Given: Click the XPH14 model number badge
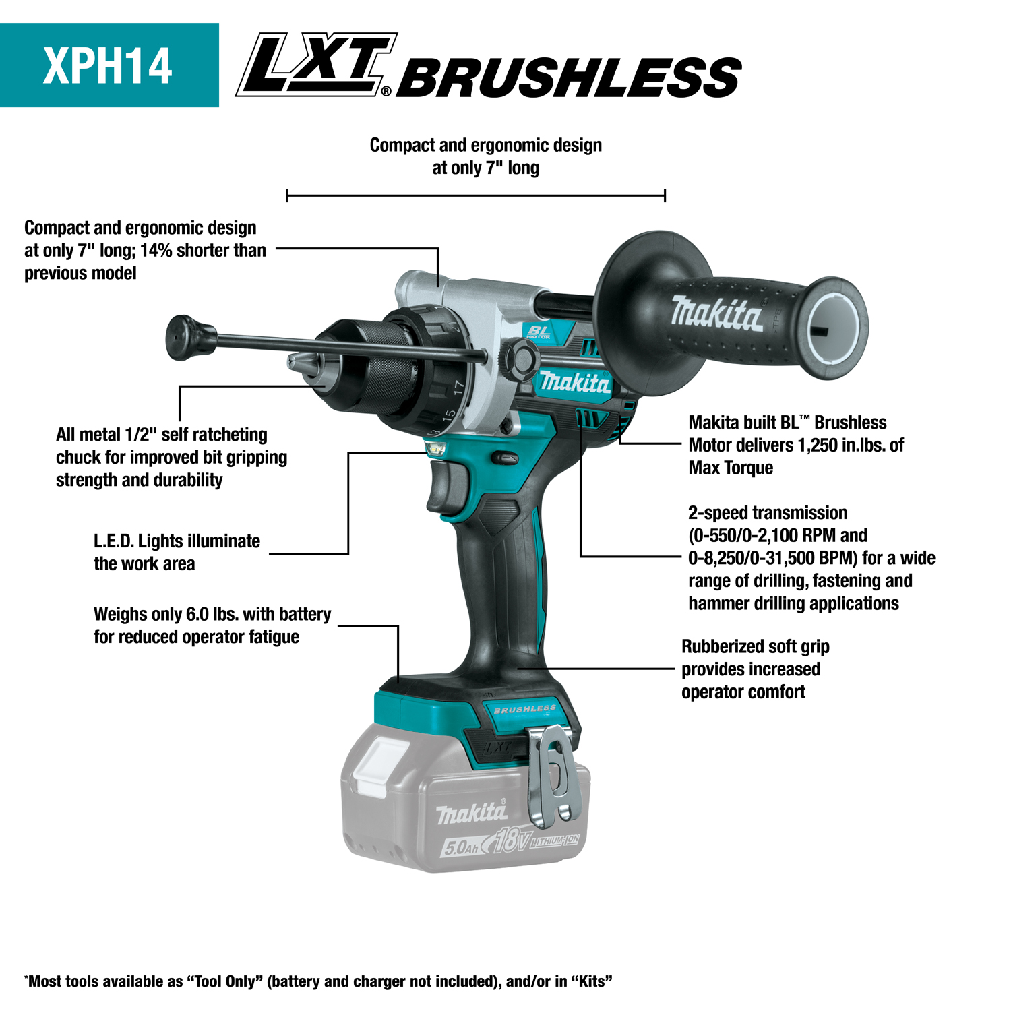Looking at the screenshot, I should point(109,65).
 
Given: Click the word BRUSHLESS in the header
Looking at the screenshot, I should point(570,78).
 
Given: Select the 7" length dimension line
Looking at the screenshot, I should point(475,195).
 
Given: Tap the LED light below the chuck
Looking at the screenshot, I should point(437,448).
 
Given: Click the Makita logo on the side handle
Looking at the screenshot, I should point(716,313).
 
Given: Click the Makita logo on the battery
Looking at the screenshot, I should point(472,814).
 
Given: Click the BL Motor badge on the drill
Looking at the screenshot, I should point(539,332).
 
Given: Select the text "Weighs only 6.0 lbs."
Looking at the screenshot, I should point(166,614).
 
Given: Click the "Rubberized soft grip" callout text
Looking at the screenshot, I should point(755,646).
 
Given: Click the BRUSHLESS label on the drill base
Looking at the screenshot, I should point(524,709).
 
